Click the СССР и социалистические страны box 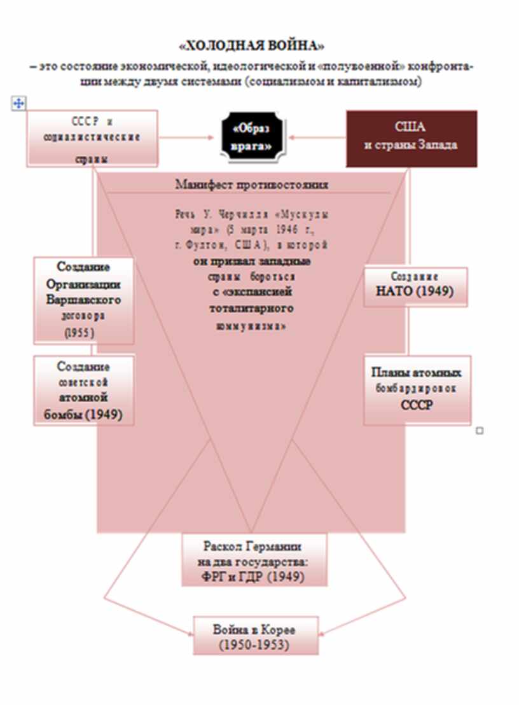(92, 139)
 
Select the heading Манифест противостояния (252, 185)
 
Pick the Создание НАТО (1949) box (415, 286)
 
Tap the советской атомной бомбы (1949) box (84, 390)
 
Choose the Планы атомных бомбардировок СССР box (417, 389)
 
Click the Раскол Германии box (253, 561)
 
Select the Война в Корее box (255, 636)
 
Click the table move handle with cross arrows (18, 102)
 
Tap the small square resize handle (480, 431)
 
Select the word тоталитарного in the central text (251, 308)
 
